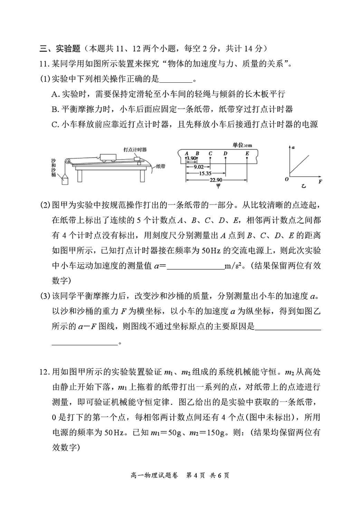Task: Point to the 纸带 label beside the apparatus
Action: (x=162, y=166)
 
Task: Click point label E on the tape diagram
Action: (x=247, y=153)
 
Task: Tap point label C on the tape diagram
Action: (x=211, y=153)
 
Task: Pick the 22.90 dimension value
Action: (x=215, y=180)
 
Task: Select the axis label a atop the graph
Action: (x=293, y=147)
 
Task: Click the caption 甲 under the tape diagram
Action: (x=218, y=185)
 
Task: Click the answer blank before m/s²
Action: (x=195, y=266)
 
